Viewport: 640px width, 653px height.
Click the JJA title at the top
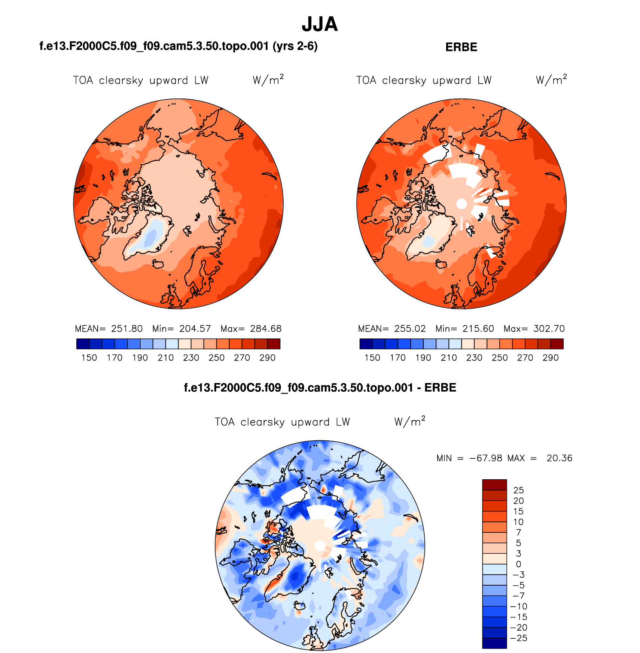(x=320, y=24)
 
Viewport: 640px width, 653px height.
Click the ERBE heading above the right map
(x=461, y=47)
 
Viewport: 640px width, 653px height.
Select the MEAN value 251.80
(x=127, y=329)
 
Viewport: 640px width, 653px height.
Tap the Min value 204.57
(x=195, y=329)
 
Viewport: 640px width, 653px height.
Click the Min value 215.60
(x=478, y=329)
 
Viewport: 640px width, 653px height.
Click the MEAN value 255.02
(x=410, y=329)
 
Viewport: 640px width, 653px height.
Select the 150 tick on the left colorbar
(x=89, y=358)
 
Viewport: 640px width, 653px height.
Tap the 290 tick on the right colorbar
(x=551, y=358)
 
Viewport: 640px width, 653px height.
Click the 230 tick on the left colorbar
(x=191, y=358)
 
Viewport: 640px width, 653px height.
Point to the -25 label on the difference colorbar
(x=519, y=638)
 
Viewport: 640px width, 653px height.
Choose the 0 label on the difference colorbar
(x=518, y=564)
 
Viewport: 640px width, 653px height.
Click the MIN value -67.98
(x=485, y=458)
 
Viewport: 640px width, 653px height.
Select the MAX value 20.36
(x=559, y=458)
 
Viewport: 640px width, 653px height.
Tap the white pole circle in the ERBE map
(x=461, y=204)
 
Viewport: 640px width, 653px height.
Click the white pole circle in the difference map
(x=320, y=545)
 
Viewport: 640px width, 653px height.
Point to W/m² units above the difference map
(x=410, y=422)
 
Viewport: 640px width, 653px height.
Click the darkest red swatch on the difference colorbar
(x=494, y=485)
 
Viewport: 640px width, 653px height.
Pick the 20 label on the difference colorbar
(x=518, y=501)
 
